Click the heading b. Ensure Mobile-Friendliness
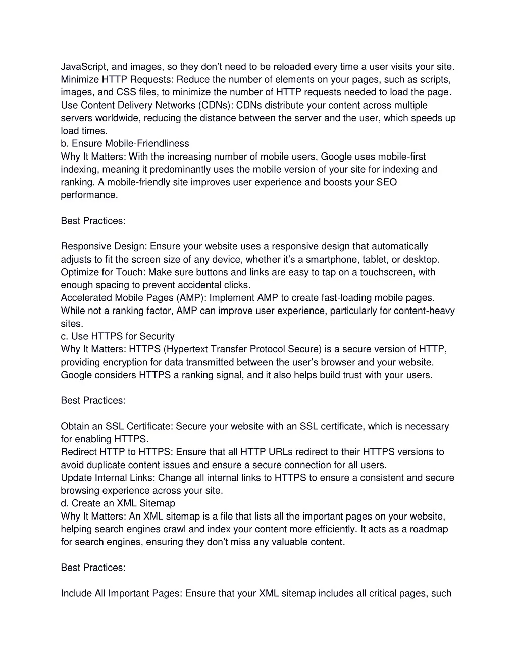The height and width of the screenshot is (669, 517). pos(125,144)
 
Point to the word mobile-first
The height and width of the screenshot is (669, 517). pos(402,157)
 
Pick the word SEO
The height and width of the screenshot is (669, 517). pos(387,182)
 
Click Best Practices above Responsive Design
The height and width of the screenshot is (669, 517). pos(93,221)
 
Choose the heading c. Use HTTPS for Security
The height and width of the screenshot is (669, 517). pos(118,336)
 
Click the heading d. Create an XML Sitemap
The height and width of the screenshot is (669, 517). pos(118,503)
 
